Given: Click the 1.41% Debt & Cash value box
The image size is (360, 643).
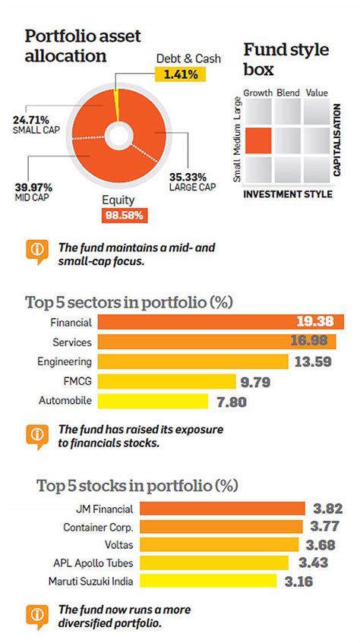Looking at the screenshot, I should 177,74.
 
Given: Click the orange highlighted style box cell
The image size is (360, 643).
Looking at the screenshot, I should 258,141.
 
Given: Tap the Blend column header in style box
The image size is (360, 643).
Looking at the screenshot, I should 288,92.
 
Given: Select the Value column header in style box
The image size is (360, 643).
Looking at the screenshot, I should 316,92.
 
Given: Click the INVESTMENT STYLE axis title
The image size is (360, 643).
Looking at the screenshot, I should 287,194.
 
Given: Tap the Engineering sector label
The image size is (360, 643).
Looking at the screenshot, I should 65,361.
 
